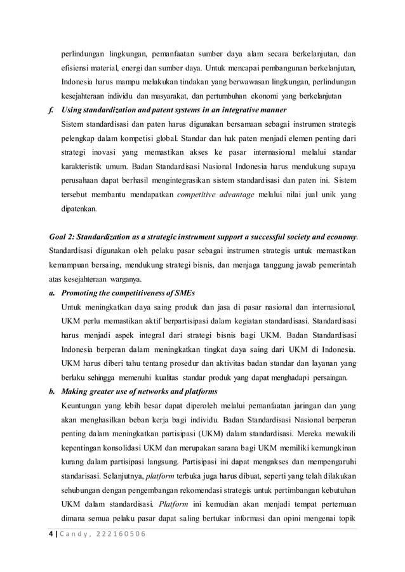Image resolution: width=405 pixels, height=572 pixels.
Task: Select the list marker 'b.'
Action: click(x=52, y=391)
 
